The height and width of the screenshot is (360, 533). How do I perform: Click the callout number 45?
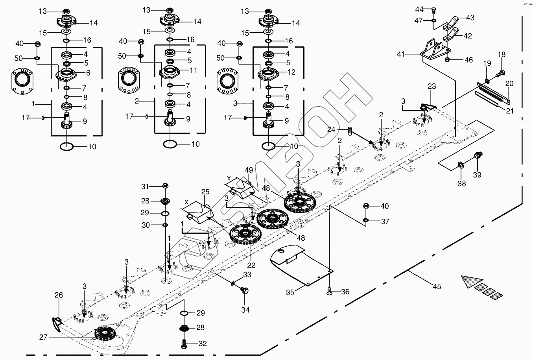point(437,287)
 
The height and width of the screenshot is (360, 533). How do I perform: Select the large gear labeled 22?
point(246,235)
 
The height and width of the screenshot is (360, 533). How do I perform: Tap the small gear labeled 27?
point(104,334)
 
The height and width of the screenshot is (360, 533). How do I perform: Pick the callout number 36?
point(345,292)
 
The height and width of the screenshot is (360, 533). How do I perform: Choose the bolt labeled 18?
point(501,73)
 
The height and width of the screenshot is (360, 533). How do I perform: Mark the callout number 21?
point(510,111)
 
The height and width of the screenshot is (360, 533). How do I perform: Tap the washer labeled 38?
point(461,164)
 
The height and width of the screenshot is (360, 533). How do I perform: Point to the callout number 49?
point(249,170)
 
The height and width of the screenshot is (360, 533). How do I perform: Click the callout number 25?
point(205,192)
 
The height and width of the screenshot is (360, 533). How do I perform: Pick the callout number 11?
point(193,71)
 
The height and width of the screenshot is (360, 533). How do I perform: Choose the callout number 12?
point(291,72)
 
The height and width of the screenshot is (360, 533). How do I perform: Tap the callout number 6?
point(88,73)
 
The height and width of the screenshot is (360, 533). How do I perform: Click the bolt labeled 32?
point(184,343)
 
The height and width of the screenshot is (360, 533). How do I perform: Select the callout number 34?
point(245,310)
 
